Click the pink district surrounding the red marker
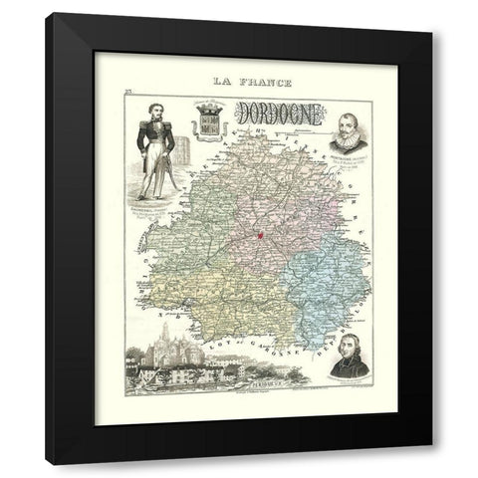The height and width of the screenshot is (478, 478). click(x=264, y=219)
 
